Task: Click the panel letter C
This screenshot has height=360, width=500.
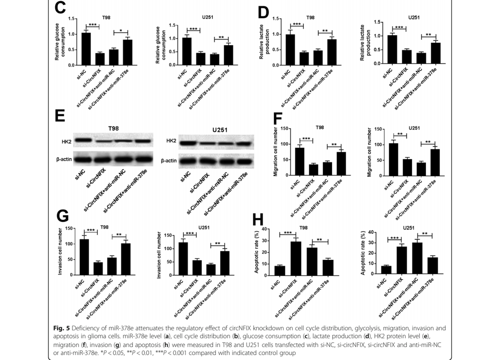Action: click(x=60, y=8)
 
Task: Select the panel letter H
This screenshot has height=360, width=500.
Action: click(x=258, y=220)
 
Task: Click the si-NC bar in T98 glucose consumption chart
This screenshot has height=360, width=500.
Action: click(x=86, y=49)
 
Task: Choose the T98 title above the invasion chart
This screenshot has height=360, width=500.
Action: click(x=104, y=227)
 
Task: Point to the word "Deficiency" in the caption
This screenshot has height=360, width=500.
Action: click(x=94, y=327)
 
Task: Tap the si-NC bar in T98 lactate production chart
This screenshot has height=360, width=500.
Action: click(x=289, y=50)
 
